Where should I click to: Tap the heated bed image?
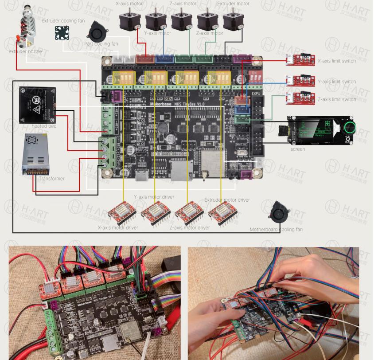37,105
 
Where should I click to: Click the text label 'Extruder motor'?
233,4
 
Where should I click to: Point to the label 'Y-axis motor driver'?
154,197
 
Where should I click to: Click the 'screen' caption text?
297,149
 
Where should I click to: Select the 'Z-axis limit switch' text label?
337,99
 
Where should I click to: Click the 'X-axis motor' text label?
133,4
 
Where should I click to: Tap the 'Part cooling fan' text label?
101,43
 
